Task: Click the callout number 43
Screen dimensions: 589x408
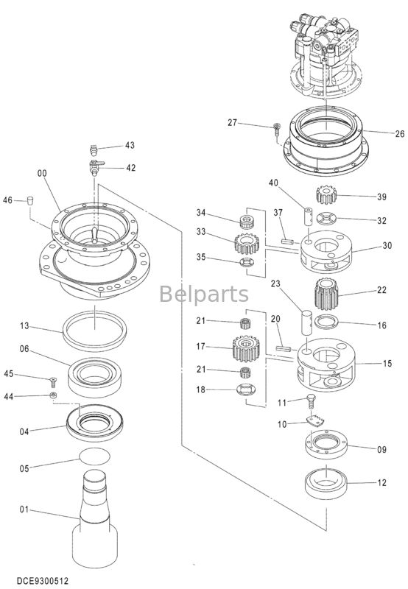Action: [130, 145]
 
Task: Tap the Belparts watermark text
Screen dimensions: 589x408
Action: [204, 294]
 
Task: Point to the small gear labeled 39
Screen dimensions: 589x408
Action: [325, 196]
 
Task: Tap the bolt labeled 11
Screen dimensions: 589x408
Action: [312, 402]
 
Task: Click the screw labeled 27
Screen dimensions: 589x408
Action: [275, 129]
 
